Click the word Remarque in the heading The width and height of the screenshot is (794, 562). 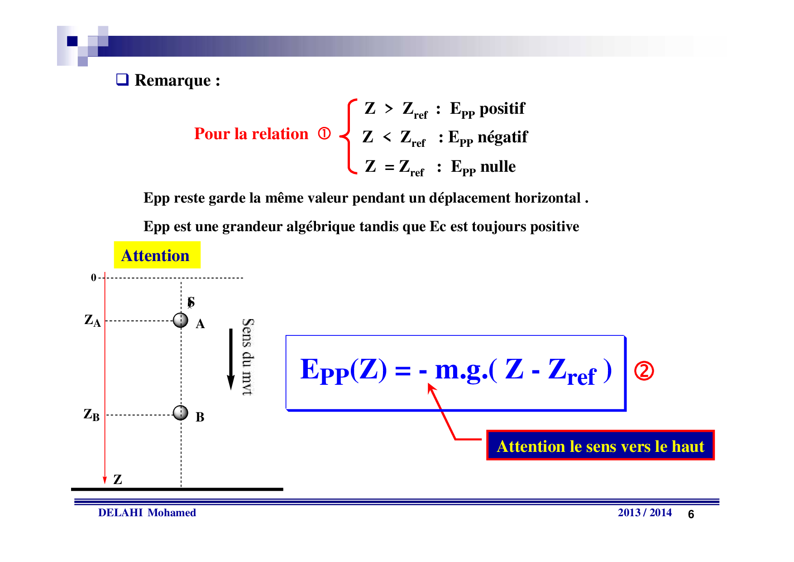tap(172, 81)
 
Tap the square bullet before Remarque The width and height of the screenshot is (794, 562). tap(122, 79)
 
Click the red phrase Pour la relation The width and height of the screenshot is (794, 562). tap(251, 134)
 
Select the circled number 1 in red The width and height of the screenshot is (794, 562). tap(324, 134)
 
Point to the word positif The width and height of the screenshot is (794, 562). tap(502, 109)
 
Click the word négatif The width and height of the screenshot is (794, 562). tap(502, 137)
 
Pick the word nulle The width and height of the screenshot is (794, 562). tap(498, 166)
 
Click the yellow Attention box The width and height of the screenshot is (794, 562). tap(157, 255)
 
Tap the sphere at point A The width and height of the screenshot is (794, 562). tap(181, 320)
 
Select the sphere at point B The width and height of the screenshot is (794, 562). tap(181, 413)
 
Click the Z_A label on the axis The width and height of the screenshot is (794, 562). tap(92, 320)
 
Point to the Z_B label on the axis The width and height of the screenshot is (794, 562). tap(91, 415)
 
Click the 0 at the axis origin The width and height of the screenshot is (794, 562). tap(94, 277)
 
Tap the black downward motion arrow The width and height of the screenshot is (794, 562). tap(231, 359)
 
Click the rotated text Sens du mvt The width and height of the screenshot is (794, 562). tap(248, 357)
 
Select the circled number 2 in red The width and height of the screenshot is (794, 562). tap(644, 371)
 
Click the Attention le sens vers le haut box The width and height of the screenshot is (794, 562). tap(600, 446)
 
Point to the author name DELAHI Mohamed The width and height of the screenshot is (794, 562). tap(147, 513)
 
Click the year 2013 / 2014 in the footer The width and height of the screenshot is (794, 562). tap(645, 513)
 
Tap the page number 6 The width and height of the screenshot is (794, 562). tap(691, 514)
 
